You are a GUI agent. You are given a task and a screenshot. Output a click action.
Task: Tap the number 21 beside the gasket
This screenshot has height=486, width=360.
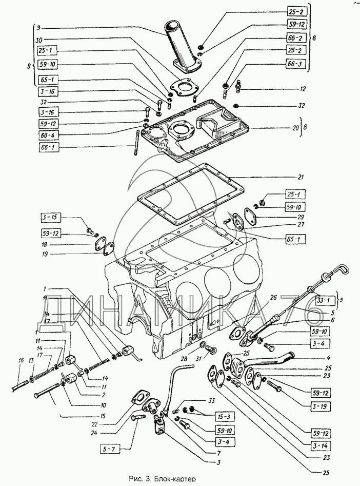point(301,178)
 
